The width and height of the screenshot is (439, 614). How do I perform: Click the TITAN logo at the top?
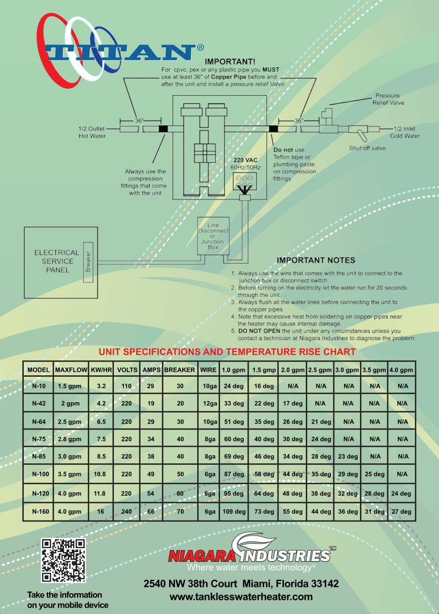tap(121, 51)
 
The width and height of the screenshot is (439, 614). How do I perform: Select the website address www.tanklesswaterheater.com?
tap(241, 597)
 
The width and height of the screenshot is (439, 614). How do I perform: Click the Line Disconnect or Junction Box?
tap(213, 236)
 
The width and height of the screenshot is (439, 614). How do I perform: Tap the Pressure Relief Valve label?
tap(388, 99)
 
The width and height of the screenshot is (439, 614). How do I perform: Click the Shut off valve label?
tap(367, 148)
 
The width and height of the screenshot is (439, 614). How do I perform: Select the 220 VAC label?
tap(246, 160)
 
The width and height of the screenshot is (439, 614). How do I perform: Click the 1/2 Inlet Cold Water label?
tap(405, 132)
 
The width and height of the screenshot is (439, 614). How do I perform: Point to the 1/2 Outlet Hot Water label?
tap(92, 132)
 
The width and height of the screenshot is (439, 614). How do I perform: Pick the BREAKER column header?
tap(179, 370)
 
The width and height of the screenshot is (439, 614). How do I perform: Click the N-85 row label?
tap(39, 457)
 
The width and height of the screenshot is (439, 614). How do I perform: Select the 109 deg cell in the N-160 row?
tap(234, 512)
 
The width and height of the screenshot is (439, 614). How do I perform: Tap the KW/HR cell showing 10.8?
tap(100, 475)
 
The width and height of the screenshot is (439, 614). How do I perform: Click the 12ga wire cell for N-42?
tap(209, 403)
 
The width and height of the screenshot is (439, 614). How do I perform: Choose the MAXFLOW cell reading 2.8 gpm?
tap(69, 439)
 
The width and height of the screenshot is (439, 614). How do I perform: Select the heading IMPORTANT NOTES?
tap(316, 261)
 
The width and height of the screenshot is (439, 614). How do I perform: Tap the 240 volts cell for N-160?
tap(126, 512)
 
